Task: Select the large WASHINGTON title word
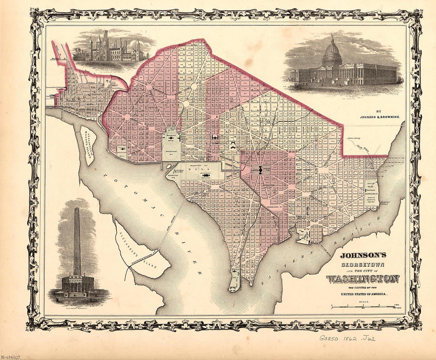click(x=362, y=279)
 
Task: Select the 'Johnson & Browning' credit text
click(x=381, y=117)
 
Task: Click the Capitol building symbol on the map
click(x=260, y=170)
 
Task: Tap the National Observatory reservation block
click(x=122, y=151)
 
